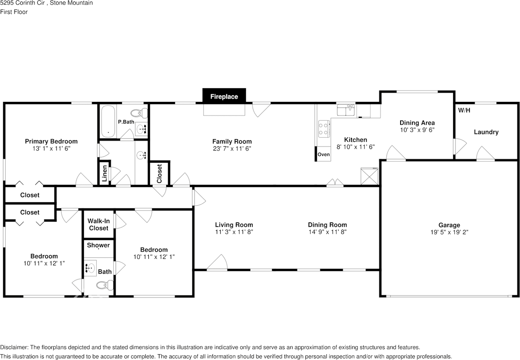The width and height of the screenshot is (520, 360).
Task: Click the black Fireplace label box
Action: (x=224, y=95)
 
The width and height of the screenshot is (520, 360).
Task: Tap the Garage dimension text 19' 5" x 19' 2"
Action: (x=449, y=232)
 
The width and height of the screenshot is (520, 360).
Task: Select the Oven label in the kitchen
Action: (x=324, y=155)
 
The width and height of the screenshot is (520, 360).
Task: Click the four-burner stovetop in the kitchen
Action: (x=324, y=129)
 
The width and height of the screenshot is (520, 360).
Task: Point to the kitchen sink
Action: (x=346, y=110)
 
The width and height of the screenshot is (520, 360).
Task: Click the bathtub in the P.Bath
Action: (x=108, y=121)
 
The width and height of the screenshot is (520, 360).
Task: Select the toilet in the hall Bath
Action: (x=105, y=285)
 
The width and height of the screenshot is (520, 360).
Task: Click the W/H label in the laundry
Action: (x=464, y=110)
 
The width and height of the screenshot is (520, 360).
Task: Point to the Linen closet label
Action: (x=104, y=173)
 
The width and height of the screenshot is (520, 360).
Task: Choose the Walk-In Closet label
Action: (x=99, y=224)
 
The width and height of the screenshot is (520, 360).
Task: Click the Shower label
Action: (x=98, y=245)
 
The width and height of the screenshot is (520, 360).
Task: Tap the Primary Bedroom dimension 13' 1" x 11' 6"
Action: (x=51, y=149)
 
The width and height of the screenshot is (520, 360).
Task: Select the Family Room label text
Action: (x=232, y=142)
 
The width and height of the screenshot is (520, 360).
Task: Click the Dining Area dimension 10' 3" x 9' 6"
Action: (x=417, y=130)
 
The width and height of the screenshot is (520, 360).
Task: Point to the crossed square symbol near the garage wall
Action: (x=369, y=176)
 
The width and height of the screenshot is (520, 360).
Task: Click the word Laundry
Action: (x=486, y=132)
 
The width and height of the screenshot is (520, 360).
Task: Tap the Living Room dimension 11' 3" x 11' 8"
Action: (x=234, y=232)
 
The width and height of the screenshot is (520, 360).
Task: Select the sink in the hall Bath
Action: (x=90, y=268)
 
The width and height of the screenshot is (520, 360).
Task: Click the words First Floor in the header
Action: (x=14, y=12)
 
